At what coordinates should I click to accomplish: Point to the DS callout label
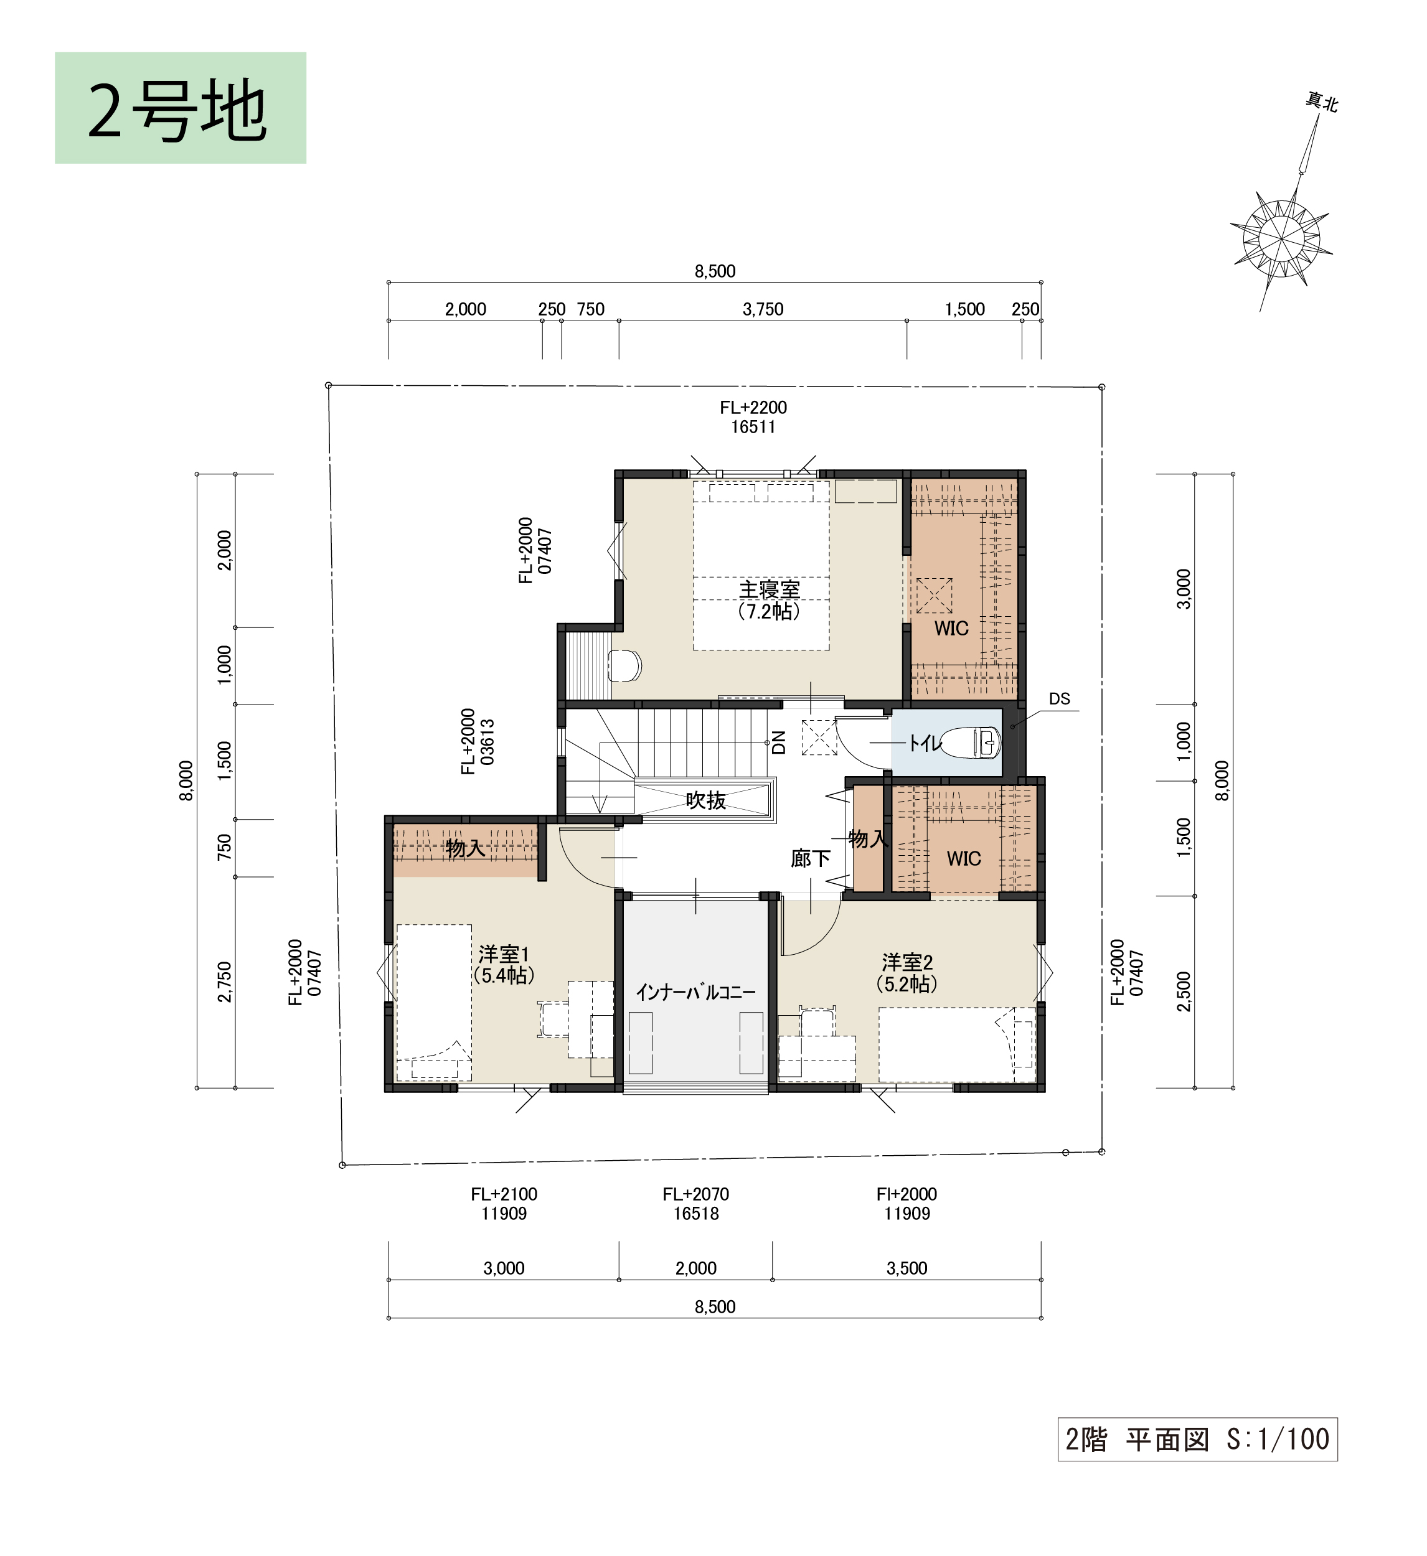coord(1060,698)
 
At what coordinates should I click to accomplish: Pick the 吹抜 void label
coord(706,800)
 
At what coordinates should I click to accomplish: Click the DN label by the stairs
coord(779,742)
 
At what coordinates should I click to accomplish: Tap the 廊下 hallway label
coord(811,858)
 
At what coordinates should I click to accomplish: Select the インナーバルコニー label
coord(695,992)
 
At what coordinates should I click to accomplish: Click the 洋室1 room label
coord(504,954)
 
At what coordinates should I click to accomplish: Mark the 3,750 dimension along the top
coord(763,309)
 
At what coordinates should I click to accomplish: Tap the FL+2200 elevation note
coord(753,408)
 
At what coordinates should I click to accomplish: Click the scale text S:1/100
coord(1278,1439)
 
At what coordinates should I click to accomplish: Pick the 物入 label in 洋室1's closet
coord(466,848)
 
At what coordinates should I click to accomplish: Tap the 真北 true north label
coord(1321,102)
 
